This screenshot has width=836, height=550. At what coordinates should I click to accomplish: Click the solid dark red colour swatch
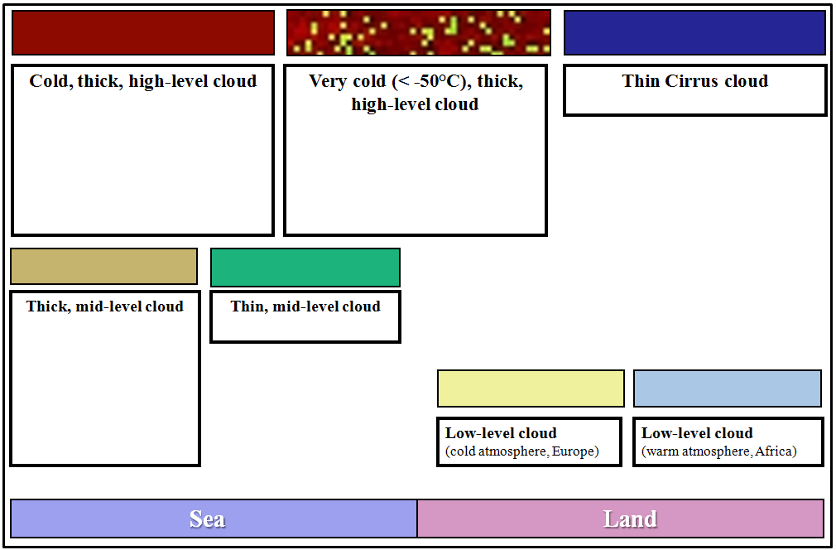coord(142,33)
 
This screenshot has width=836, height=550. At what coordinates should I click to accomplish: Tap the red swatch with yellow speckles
coord(418,33)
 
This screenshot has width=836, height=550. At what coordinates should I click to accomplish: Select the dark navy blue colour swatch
coord(694,33)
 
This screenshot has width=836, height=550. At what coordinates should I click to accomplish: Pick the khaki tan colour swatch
coord(103,267)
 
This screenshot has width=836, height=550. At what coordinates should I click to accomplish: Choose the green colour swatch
coord(305,268)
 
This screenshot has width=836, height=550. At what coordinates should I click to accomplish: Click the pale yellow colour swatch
coord(531,388)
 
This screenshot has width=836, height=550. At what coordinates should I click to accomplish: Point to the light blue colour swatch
coord(727,388)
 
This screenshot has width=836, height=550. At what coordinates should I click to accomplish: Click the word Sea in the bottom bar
coord(207,519)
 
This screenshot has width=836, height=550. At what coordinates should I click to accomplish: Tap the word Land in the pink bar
coord(630,519)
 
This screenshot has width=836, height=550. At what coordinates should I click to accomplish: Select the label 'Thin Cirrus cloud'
coord(694,81)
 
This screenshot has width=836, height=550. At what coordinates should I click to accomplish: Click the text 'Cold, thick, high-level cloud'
coord(143,81)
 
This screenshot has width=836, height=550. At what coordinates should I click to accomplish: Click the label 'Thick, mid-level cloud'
coord(104,306)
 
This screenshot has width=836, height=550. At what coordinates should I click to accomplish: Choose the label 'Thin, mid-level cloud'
coord(305,306)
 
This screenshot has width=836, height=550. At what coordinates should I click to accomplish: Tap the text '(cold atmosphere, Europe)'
coord(521,451)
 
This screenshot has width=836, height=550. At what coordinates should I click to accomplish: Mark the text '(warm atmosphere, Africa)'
coord(718,451)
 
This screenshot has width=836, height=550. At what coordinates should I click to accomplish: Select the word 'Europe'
coord(574,451)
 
